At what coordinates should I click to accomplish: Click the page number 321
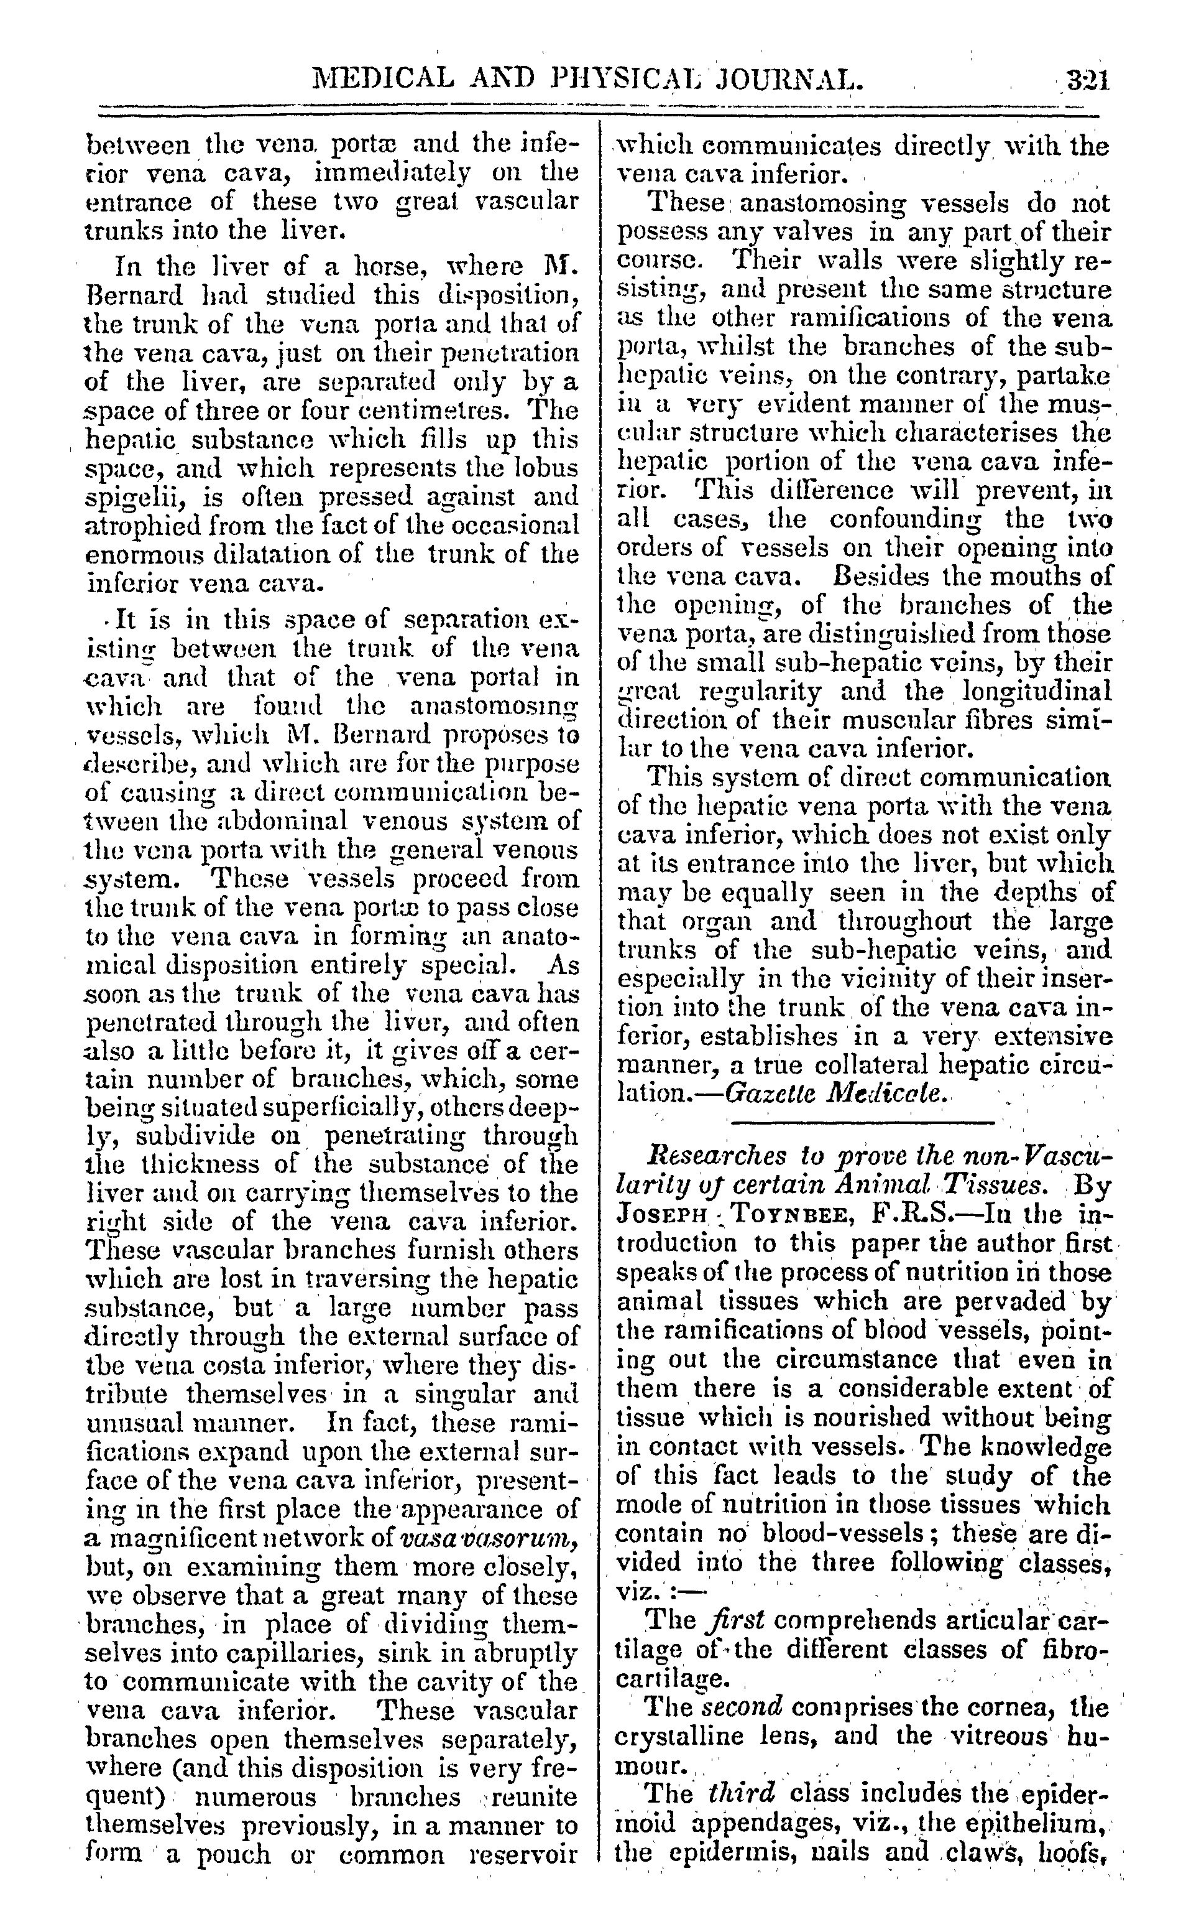pos(1087,81)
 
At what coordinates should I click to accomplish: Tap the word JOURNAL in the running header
pos(788,78)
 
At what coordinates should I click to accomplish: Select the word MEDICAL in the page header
pos(383,78)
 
